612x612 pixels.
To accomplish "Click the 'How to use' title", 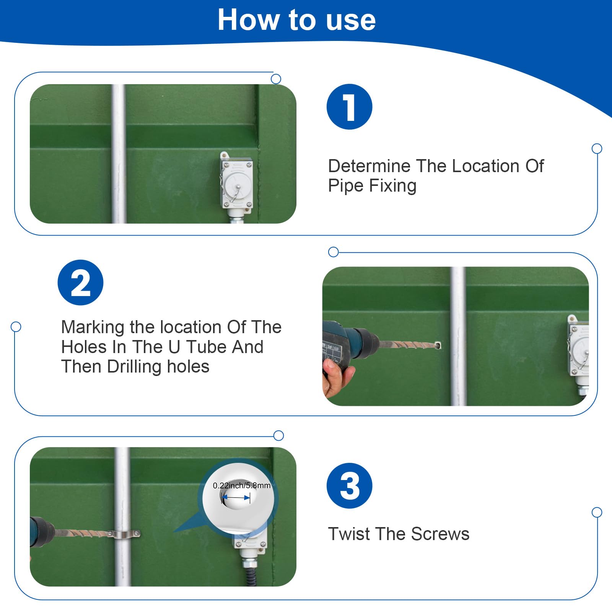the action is (x=297, y=20).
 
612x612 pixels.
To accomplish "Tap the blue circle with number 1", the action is (x=349, y=107).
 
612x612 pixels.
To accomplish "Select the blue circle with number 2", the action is (x=80, y=283).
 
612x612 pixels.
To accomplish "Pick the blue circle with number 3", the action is (x=349, y=486).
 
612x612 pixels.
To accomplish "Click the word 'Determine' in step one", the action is (x=369, y=166).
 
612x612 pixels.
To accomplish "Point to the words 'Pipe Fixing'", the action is (x=372, y=186).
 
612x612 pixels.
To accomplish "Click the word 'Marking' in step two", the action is (x=93, y=328).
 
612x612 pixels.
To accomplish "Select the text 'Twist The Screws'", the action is (x=399, y=534).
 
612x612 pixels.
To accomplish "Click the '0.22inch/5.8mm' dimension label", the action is (x=242, y=485).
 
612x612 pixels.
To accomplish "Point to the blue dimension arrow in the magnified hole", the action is (x=236, y=498).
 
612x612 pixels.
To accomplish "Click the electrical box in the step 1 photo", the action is (x=236, y=180).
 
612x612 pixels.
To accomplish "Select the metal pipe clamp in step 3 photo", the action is (x=123, y=533).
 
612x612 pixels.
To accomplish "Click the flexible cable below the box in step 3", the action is (x=250, y=577).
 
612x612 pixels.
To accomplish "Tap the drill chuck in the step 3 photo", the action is (x=44, y=532).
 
